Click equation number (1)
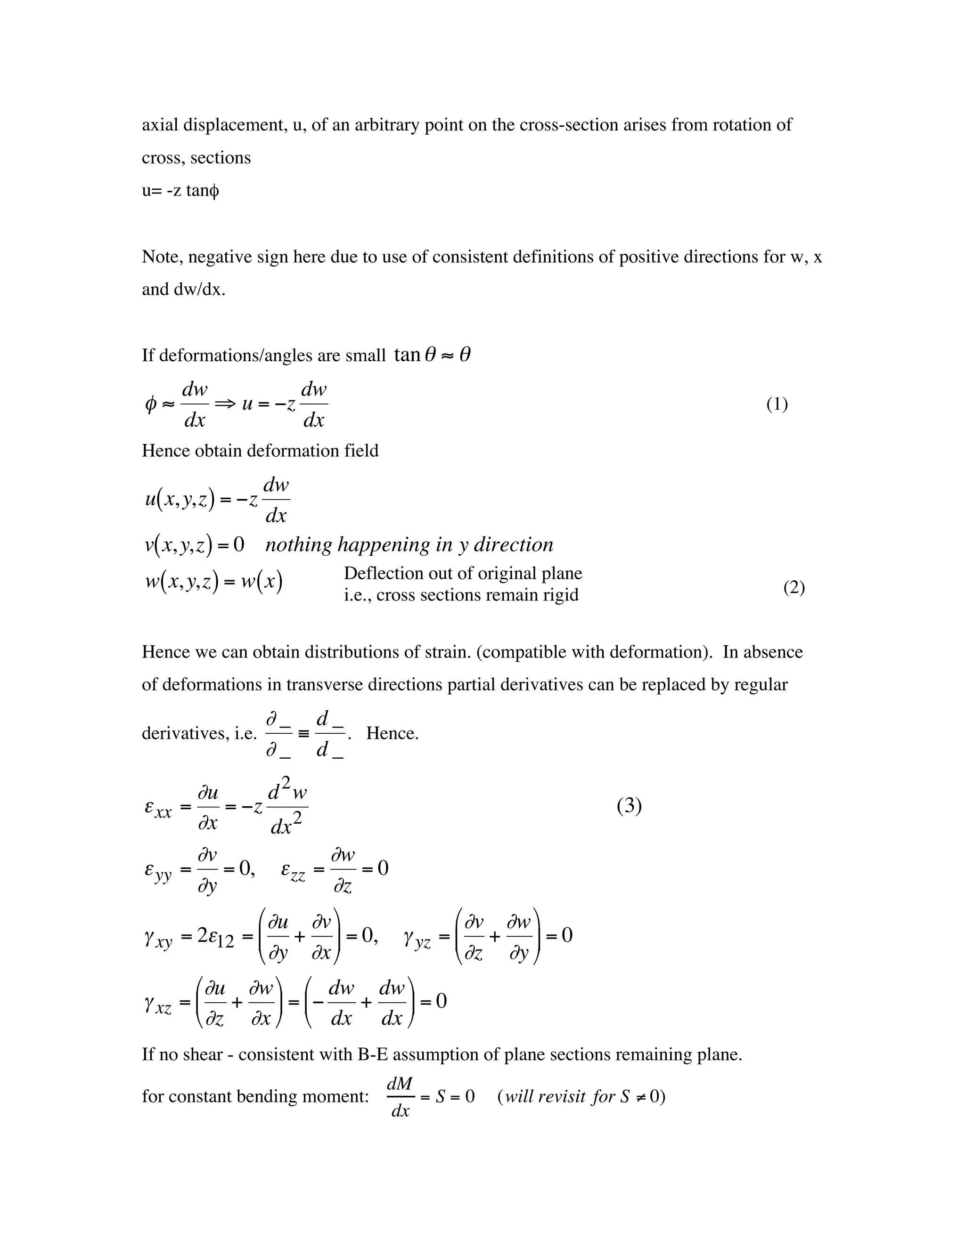(x=777, y=405)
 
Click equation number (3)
(x=629, y=806)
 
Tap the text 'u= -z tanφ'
(x=180, y=190)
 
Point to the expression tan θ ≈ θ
(x=432, y=355)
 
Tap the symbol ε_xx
(x=158, y=808)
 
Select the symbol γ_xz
(x=158, y=1004)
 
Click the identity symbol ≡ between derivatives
(x=303, y=733)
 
